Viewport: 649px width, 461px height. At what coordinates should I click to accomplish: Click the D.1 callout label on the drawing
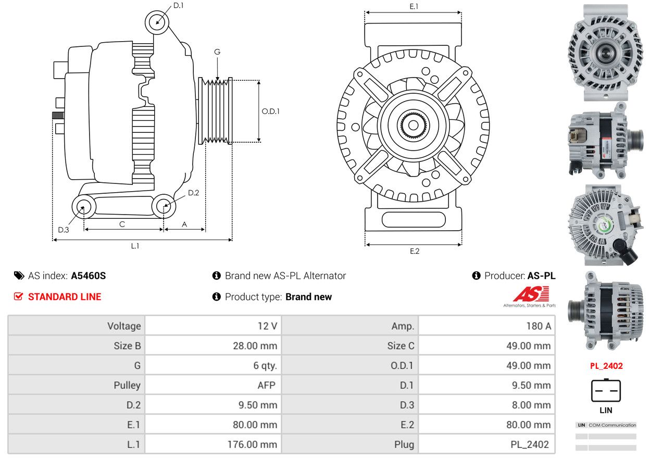[179, 6]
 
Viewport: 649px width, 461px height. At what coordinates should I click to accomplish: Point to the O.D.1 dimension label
[271, 111]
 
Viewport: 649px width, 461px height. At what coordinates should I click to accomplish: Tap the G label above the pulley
[217, 52]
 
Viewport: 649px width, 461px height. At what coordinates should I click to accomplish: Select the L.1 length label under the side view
[135, 246]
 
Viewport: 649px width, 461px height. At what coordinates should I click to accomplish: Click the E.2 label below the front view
[415, 251]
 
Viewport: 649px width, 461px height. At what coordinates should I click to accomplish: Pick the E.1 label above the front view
[414, 6]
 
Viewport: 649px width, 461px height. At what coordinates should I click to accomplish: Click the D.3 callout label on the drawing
[64, 230]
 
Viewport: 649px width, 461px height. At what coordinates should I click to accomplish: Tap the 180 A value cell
[539, 326]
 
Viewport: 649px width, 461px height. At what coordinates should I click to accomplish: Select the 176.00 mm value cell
[252, 444]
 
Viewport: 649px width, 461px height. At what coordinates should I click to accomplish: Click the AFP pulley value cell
[266, 385]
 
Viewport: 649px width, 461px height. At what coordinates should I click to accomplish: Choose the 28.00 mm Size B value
[255, 346]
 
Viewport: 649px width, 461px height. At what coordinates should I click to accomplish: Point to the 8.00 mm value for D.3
[531, 405]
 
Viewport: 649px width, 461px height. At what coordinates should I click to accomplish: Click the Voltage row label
[124, 326]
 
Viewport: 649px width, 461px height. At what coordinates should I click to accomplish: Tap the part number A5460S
[89, 276]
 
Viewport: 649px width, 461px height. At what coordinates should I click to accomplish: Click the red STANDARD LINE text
[65, 297]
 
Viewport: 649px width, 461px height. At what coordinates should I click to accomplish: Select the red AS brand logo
[531, 294]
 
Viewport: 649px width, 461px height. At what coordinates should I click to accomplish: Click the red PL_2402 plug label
[606, 366]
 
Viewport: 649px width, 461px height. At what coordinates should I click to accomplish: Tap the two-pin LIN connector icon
[606, 390]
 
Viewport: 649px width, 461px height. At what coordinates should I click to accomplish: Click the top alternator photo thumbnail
[606, 53]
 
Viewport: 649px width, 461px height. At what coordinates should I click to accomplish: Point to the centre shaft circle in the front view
[413, 125]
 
